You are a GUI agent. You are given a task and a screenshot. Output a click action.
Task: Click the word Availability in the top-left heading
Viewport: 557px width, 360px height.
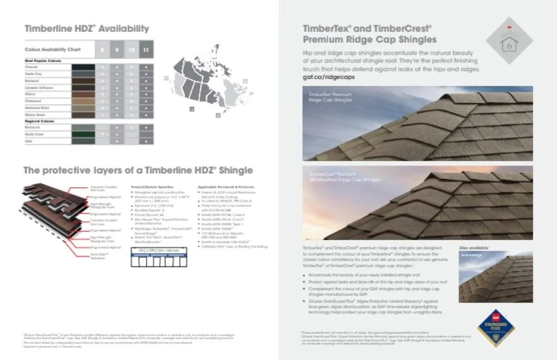pos(124,29)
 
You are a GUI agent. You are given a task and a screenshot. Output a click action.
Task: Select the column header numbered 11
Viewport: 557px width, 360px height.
pos(145,50)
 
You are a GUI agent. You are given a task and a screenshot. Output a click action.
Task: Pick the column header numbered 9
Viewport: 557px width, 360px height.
pos(116,50)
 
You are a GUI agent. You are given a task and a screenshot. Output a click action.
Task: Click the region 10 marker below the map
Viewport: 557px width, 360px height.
pos(191,110)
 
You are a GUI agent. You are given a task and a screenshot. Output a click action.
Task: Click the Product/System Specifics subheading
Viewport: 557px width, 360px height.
pos(152,187)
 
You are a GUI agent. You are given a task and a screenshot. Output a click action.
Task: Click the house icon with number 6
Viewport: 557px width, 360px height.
pos(509,42)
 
